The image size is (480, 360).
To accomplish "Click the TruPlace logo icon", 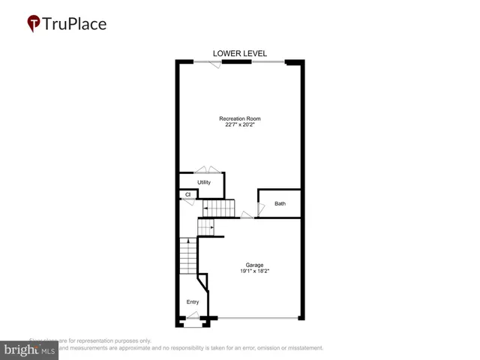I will (34, 24).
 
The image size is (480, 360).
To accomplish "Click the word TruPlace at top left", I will (74, 23).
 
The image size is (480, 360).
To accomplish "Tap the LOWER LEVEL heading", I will (239, 53).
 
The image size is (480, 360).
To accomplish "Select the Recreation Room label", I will (239, 118).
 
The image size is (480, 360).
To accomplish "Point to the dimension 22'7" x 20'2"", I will (239, 125).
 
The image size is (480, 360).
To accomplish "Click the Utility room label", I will (204, 182).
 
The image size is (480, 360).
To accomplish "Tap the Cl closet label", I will (188, 195).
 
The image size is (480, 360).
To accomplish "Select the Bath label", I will (280, 203).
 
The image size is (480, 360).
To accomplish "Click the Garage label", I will (254, 265).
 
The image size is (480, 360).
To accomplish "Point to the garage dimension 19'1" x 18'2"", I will (254, 271).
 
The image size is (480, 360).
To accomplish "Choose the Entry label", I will (193, 302).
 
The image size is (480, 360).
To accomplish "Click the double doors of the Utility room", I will (207, 170).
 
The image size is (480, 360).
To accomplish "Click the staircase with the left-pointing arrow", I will (219, 208).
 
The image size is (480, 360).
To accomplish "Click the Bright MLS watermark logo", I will (29, 349).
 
